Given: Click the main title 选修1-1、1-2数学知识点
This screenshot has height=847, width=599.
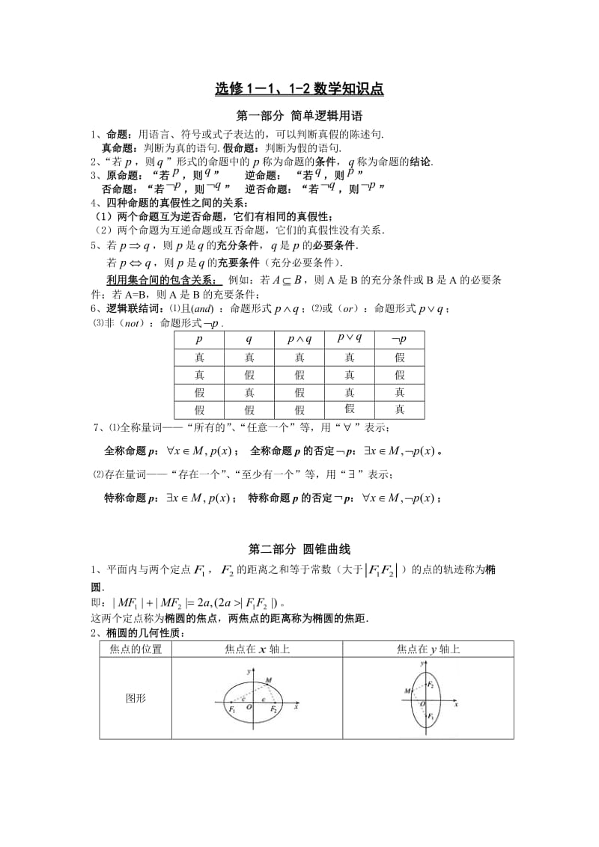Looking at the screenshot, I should (x=299, y=89).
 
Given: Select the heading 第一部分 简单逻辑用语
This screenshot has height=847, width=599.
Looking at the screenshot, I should (x=299, y=116).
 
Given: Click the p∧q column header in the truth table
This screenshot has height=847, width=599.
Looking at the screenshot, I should (x=299, y=339).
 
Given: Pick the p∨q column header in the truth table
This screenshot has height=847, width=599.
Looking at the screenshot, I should (x=349, y=337).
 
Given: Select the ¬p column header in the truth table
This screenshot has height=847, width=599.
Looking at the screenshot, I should (x=399, y=339).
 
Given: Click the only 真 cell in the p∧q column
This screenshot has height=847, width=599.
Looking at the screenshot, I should (x=299, y=358).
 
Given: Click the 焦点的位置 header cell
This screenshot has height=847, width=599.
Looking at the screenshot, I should (x=136, y=649).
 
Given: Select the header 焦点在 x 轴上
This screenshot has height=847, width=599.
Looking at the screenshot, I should (x=257, y=649).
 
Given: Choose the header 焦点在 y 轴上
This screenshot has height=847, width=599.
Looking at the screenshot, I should (x=428, y=649).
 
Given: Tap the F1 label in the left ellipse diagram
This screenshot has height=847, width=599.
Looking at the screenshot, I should (x=233, y=709).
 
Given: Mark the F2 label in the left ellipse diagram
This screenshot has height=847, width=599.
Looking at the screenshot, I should (x=275, y=709).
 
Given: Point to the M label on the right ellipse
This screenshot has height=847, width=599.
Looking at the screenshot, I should (x=406, y=689).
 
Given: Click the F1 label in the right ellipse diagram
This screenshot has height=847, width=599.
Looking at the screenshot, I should (x=431, y=716).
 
